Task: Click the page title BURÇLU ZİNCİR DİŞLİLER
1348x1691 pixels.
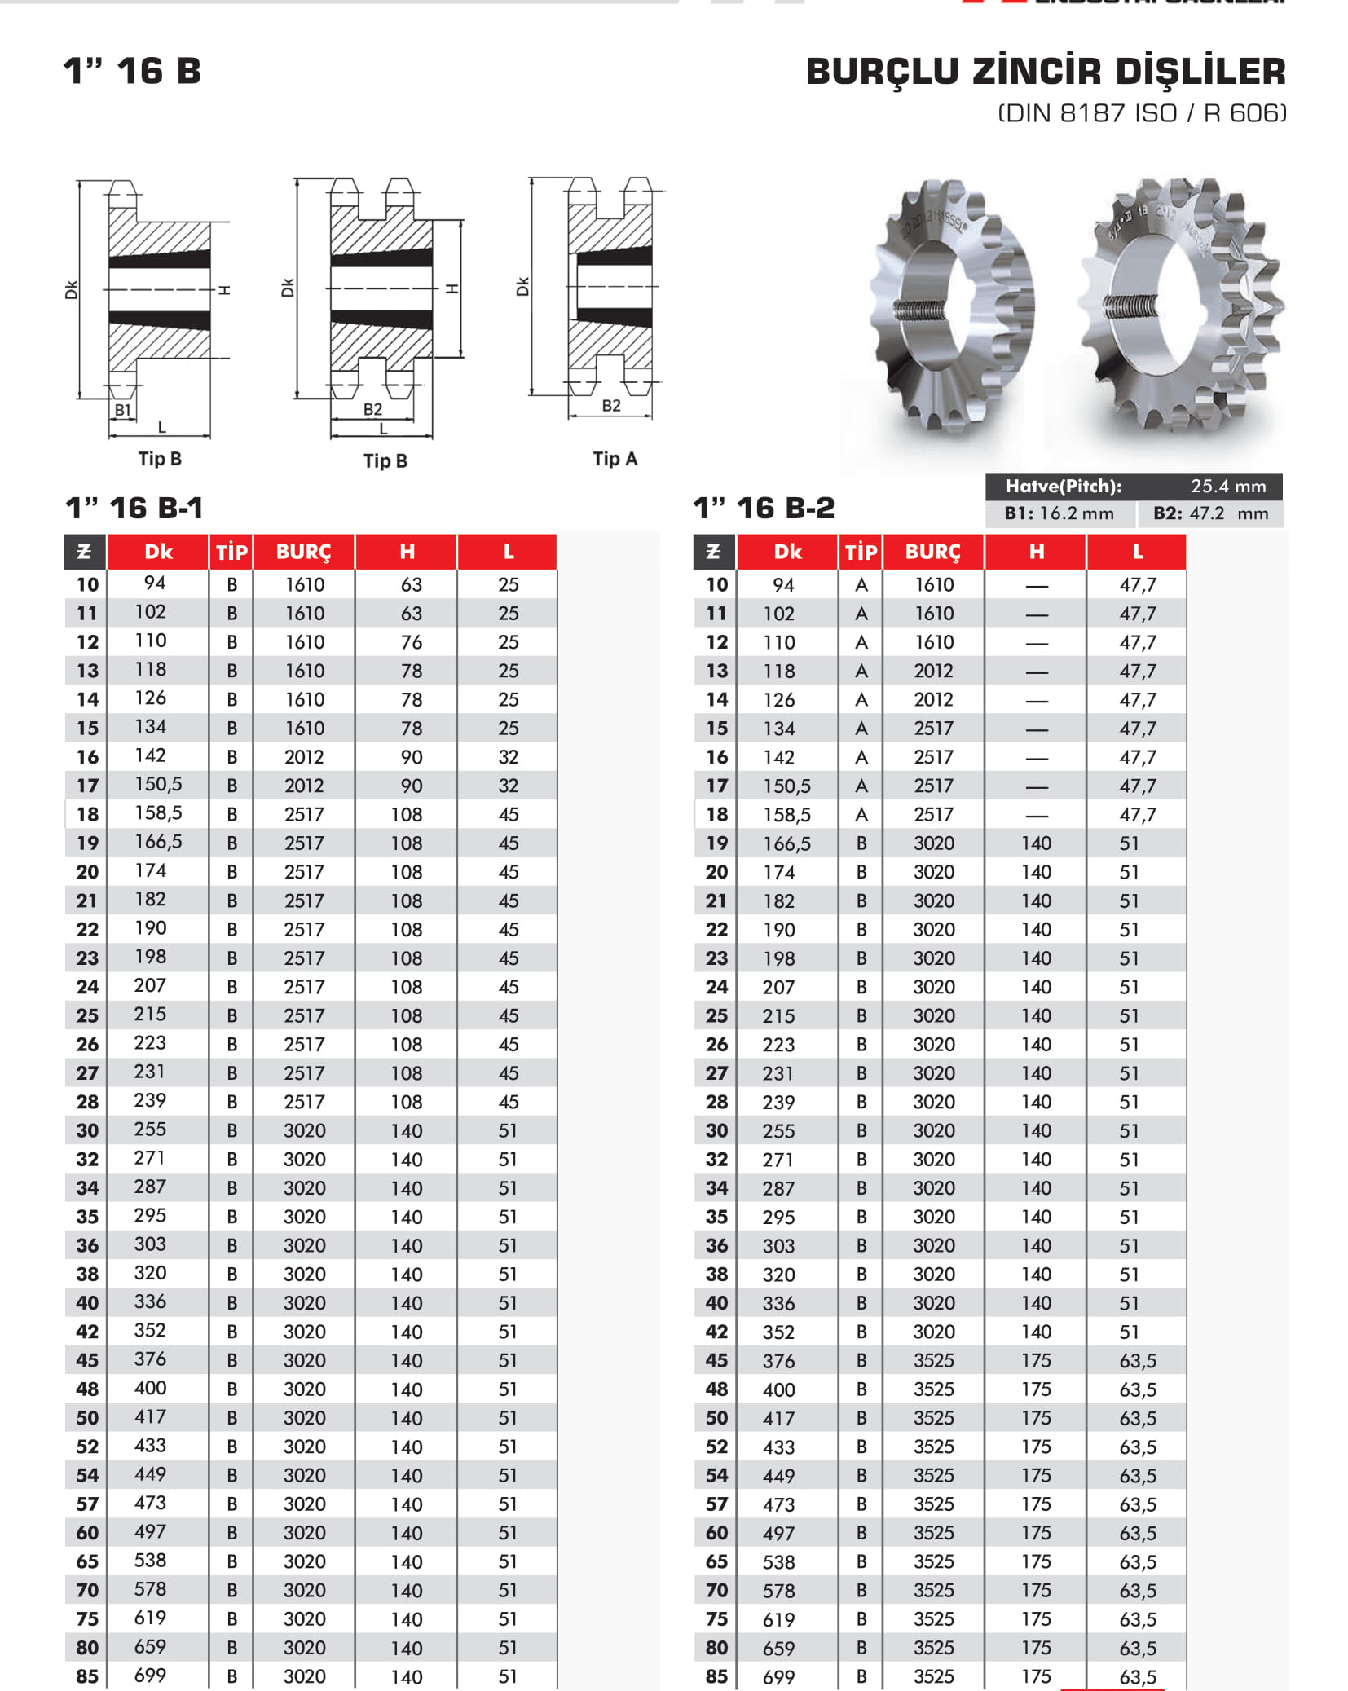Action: coord(1045,72)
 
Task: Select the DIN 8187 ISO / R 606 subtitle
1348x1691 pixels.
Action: coord(1142,113)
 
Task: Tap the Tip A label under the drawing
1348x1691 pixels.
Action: coord(615,459)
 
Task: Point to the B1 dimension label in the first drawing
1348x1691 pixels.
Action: coord(122,410)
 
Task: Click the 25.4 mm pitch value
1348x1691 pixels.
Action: coord(1228,487)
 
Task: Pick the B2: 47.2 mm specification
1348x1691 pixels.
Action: coord(1210,513)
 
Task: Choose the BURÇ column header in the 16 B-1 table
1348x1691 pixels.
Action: coord(303,553)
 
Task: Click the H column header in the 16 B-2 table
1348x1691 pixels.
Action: coord(1036,553)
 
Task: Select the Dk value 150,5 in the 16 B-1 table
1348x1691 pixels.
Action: coord(158,784)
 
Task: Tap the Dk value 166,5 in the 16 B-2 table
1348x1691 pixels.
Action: coord(786,843)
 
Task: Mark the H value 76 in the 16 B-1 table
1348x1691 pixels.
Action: coord(412,642)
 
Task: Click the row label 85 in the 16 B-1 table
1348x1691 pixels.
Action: coord(87,1676)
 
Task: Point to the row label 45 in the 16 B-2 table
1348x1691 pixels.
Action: coord(716,1360)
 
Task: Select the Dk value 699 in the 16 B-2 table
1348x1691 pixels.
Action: coord(778,1677)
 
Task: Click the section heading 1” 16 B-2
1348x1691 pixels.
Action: coord(764,509)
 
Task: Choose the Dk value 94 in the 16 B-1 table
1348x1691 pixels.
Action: coord(154,583)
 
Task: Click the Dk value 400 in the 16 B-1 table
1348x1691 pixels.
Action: coord(150,1388)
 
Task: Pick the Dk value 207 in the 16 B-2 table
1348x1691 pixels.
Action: coord(778,988)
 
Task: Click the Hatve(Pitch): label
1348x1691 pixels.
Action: coord(1063,487)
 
